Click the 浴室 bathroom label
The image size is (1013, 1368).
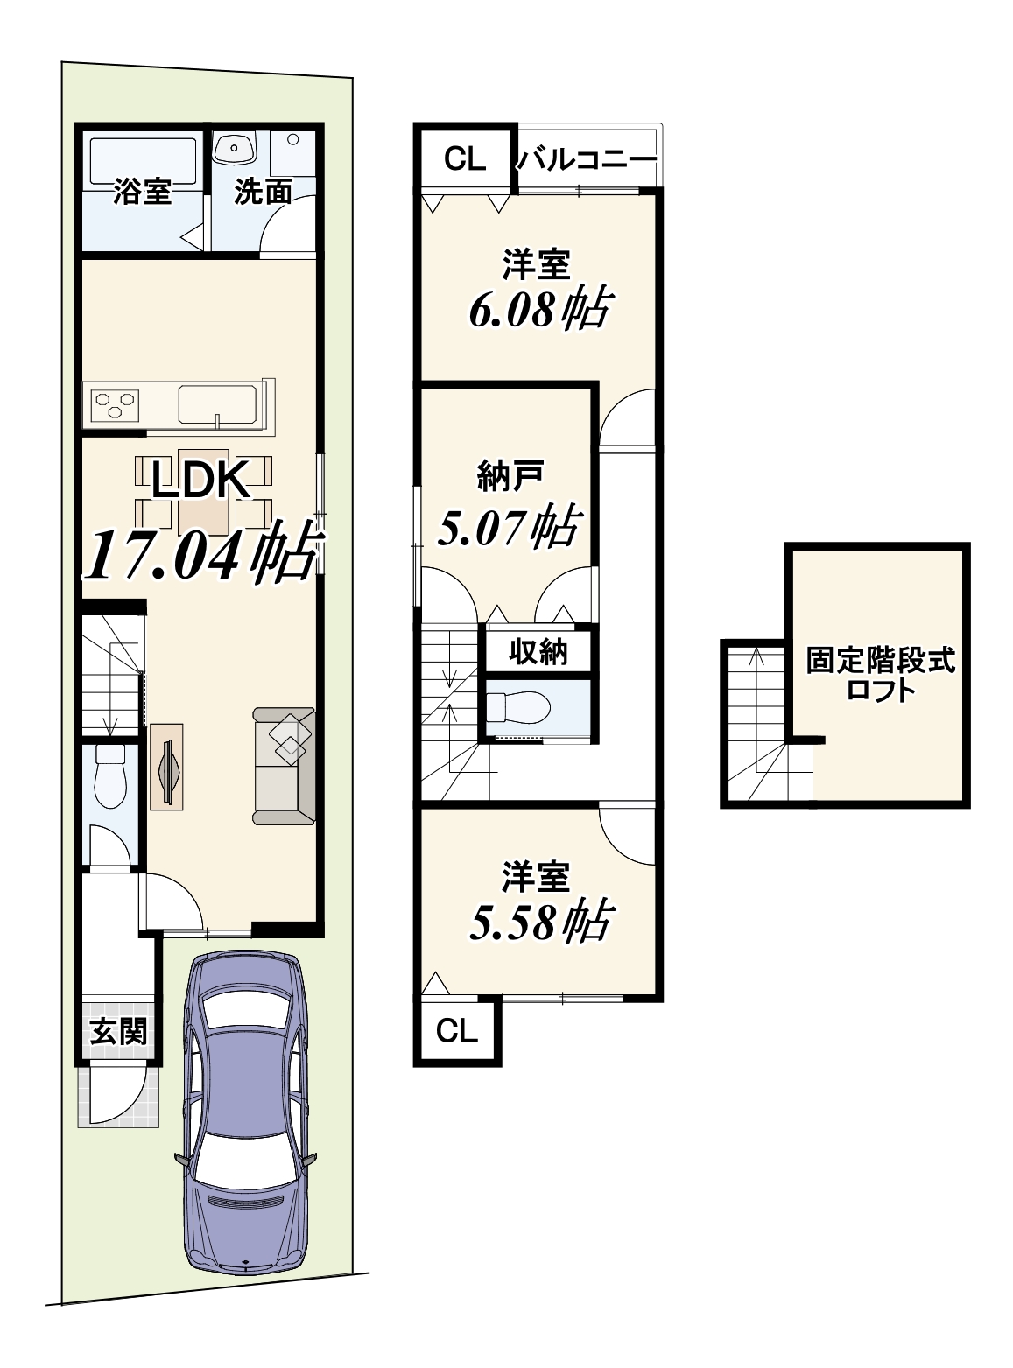click(x=142, y=193)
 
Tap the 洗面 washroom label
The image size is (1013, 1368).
click(x=263, y=193)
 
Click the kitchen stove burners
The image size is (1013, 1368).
click(x=115, y=405)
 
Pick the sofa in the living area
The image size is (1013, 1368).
click(x=283, y=766)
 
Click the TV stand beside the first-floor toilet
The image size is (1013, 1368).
click(x=166, y=766)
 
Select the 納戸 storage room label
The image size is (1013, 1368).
click(x=510, y=477)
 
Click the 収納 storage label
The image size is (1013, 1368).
click(x=538, y=653)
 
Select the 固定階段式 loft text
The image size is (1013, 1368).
click(x=881, y=661)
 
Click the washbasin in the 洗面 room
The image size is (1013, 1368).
click(x=235, y=149)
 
